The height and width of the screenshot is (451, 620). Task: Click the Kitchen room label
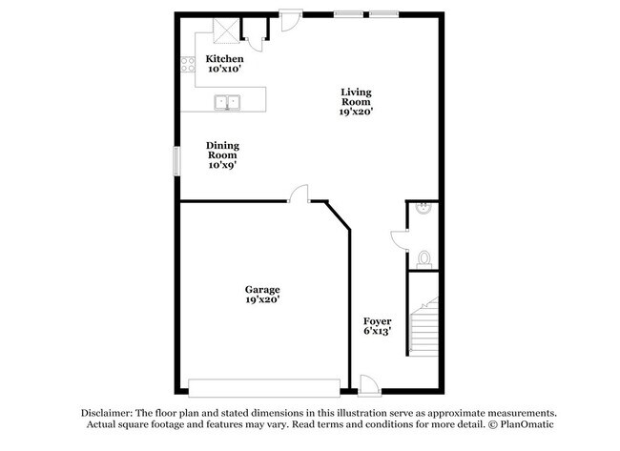[224, 59]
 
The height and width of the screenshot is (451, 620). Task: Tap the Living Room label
[357, 97]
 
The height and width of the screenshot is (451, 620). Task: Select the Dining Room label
[222, 151]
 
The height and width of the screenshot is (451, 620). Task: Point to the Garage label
[262, 289]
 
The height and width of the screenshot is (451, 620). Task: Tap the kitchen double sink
[228, 101]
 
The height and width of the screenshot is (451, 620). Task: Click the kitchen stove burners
[185, 66]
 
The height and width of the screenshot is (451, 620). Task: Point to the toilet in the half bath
[424, 257]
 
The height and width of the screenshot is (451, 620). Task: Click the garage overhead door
[264, 386]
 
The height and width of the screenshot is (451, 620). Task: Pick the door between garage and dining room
[300, 194]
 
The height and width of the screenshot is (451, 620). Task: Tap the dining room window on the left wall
[176, 160]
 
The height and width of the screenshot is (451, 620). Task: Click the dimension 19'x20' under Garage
[262, 300]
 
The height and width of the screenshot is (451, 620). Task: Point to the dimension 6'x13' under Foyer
[378, 333]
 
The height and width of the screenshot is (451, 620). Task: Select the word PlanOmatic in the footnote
[527, 424]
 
